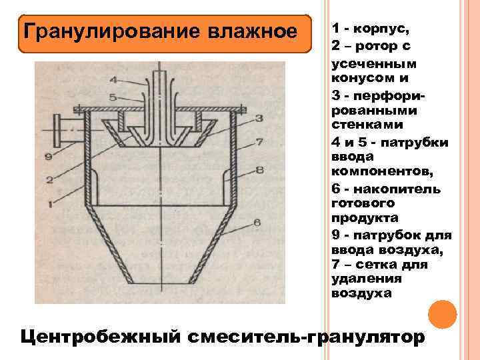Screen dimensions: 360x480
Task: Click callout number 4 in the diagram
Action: click(x=113, y=80)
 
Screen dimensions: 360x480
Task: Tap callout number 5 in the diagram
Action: click(x=113, y=97)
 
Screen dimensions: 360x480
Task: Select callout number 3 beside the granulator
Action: click(x=259, y=117)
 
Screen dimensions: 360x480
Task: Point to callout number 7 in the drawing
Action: click(x=259, y=143)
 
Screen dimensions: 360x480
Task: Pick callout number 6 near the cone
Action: click(x=257, y=223)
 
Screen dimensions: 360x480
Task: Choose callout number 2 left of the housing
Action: click(x=49, y=179)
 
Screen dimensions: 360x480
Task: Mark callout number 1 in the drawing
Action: click(x=50, y=204)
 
